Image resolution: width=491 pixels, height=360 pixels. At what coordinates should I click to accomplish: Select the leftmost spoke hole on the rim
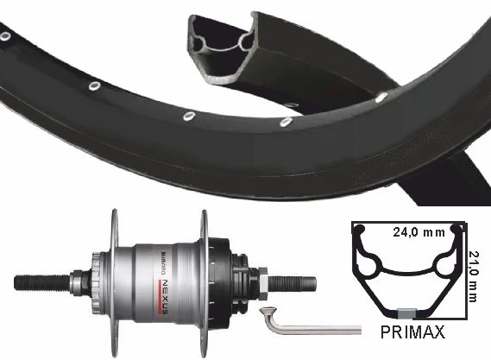(x=5, y=35)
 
